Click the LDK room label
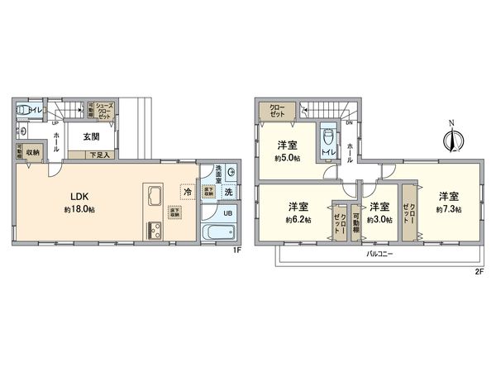(x=79, y=196)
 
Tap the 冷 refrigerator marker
(x=188, y=192)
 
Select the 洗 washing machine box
(x=230, y=193)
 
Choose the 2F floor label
(x=479, y=269)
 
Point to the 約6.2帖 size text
(x=298, y=219)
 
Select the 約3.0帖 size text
(x=379, y=219)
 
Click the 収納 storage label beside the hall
(x=33, y=151)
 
